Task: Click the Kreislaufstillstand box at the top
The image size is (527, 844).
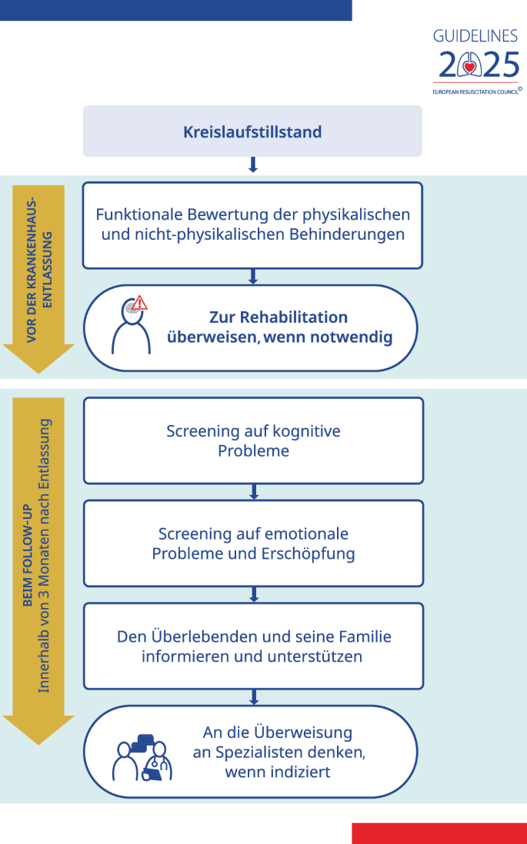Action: coord(252,131)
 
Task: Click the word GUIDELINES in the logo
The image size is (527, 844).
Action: coord(475,36)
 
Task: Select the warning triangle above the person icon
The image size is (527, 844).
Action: coord(139,303)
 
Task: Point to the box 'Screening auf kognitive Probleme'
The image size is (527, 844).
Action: coord(253,441)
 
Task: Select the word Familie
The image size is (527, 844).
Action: coord(365,636)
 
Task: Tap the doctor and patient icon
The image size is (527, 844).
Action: coord(142,757)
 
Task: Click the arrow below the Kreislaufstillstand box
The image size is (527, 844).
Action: coord(252,164)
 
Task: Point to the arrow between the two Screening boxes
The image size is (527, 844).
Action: coord(254,491)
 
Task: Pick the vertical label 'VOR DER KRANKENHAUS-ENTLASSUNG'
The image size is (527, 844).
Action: coord(38,269)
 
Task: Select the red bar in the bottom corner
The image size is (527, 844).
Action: coord(439,833)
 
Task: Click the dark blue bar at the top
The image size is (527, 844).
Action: coord(175,10)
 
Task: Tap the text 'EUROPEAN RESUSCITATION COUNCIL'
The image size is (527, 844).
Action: coord(475,92)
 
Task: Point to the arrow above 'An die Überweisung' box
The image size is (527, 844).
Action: coord(254,697)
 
